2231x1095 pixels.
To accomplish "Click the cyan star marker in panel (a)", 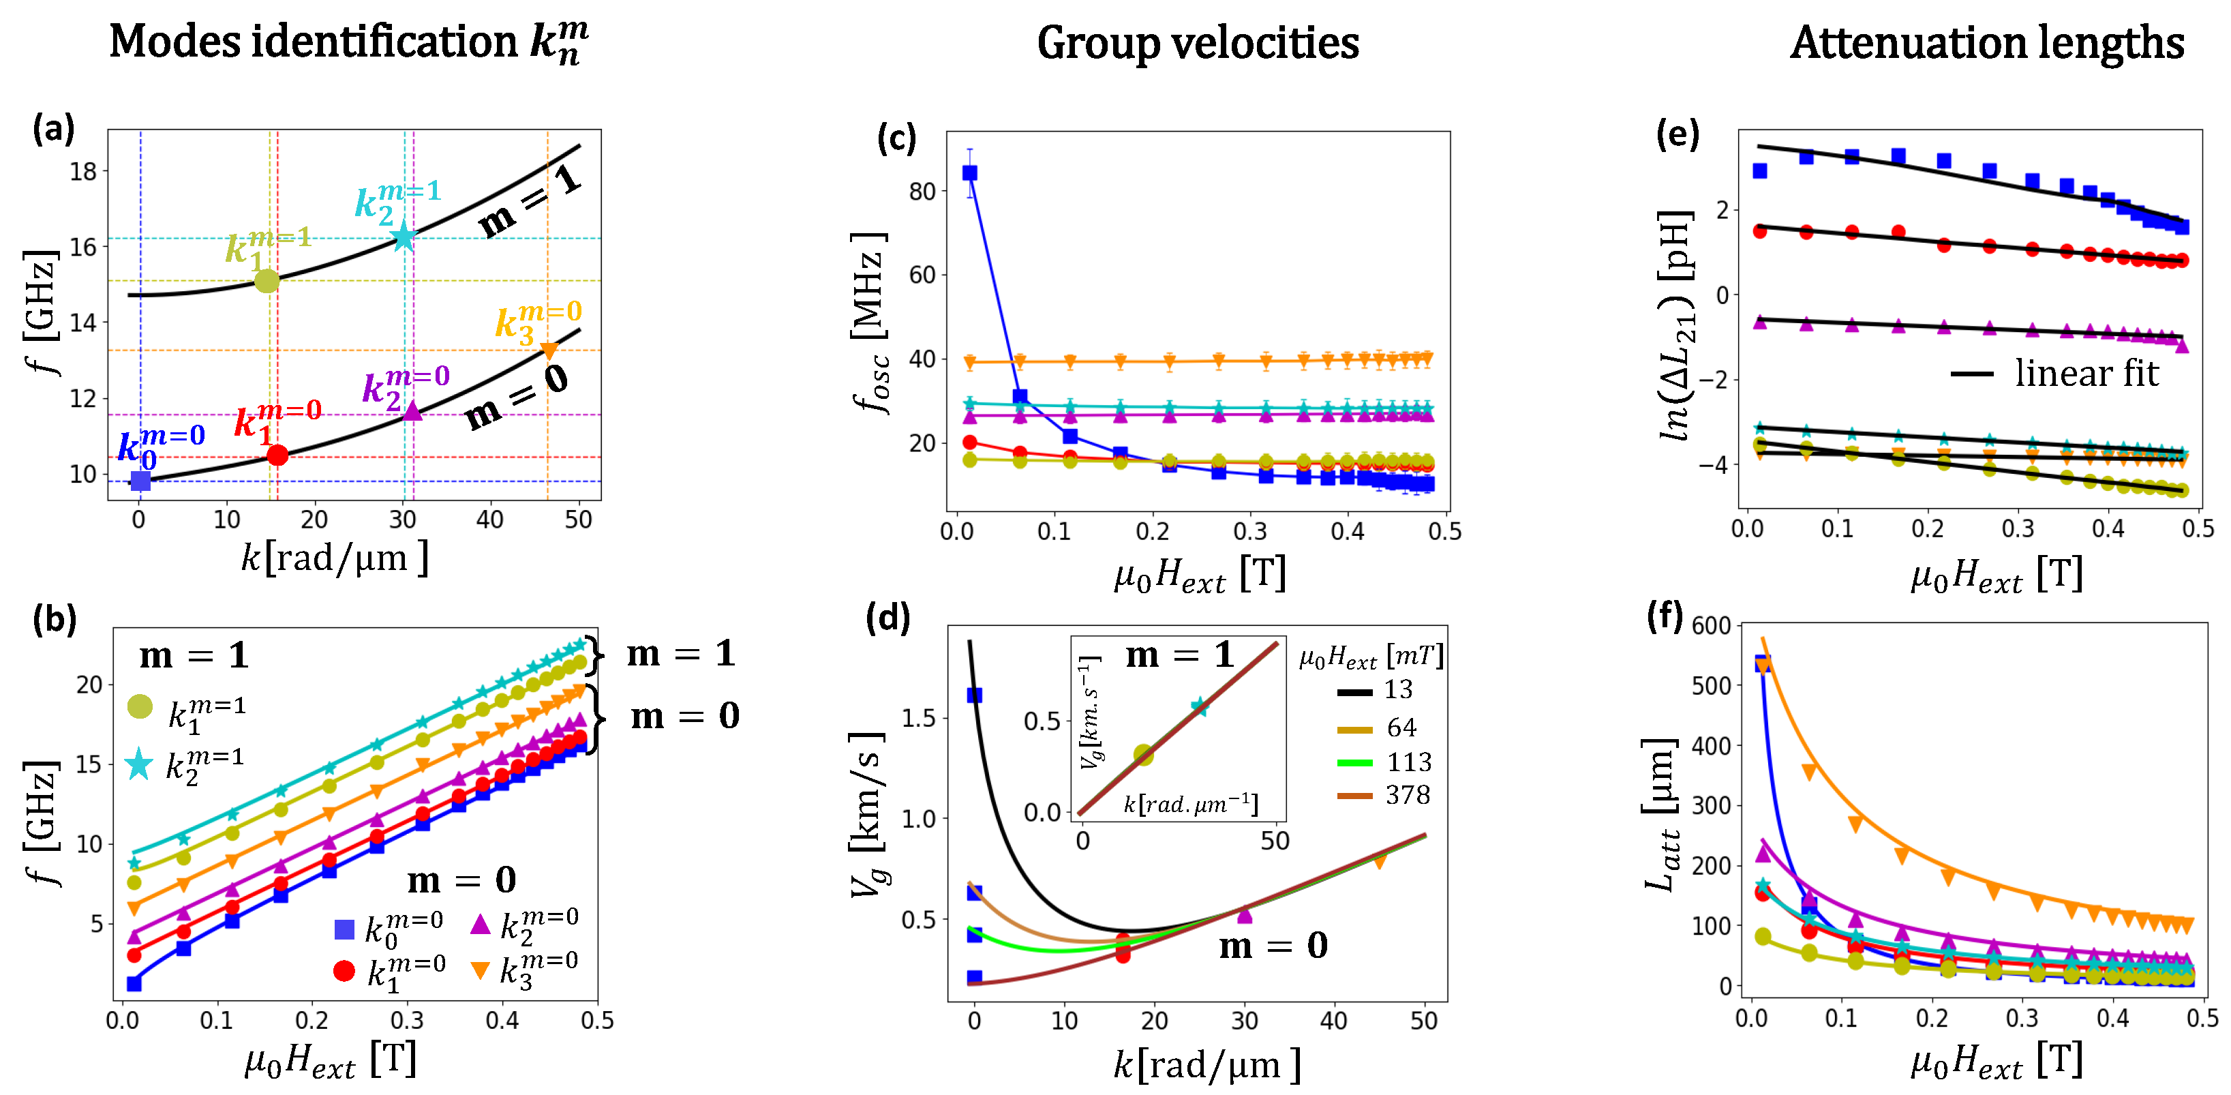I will pyautogui.click(x=404, y=237).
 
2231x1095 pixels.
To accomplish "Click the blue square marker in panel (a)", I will pyautogui.click(x=140, y=481).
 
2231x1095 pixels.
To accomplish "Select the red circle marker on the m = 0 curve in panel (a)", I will pyautogui.click(x=277, y=455).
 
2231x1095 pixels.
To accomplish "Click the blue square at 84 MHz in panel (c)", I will pyautogui.click(x=970, y=173).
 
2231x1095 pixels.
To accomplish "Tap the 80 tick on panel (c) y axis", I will pyautogui.click(x=922, y=192).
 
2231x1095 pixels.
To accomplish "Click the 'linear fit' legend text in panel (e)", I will pyautogui.click(x=2086, y=374).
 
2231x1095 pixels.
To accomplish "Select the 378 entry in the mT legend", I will pyautogui.click(x=1408, y=794).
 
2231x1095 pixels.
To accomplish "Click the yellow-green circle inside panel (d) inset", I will pyautogui.click(x=1143, y=755).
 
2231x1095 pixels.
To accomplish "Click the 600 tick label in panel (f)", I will pyautogui.click(x=1710, y=625).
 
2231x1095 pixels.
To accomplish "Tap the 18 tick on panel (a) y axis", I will pyautogui.click(x=83, y=172).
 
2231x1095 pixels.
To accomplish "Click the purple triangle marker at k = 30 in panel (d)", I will pyautogui.click(x=1245, y=914).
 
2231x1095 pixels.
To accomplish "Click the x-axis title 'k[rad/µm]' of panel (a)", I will pyautogui.click(x=334, y=559).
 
